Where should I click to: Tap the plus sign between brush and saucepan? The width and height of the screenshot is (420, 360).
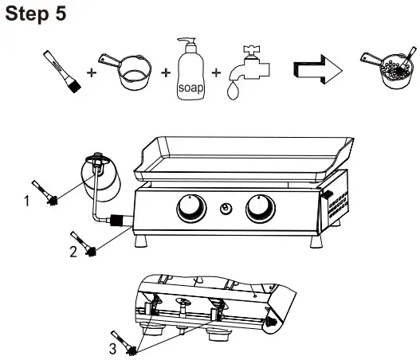coord(92,72)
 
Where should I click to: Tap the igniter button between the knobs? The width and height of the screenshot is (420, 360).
coord(226,209)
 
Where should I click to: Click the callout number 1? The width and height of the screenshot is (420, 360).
coord(29,202)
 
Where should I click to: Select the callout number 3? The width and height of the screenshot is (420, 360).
coord(112,347)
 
